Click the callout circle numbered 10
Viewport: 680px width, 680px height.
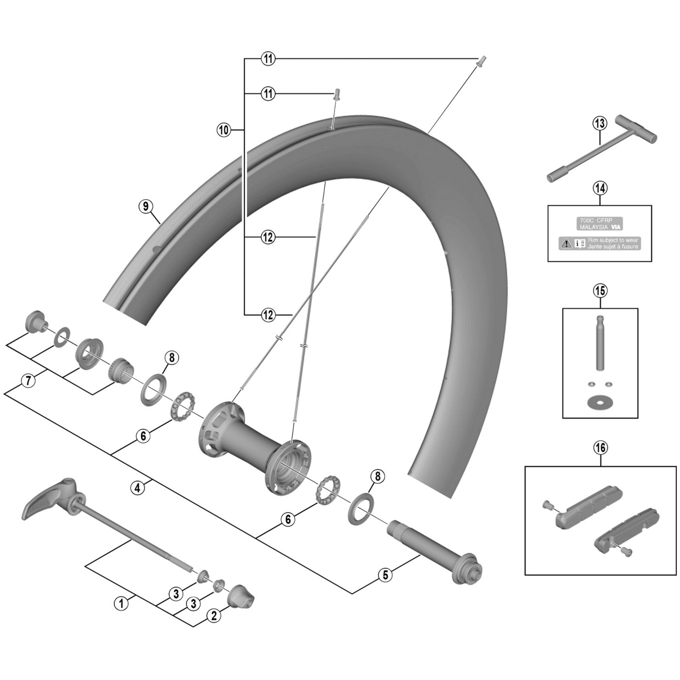[x=224, y=130]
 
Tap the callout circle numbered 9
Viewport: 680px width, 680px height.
[x=146, y=206]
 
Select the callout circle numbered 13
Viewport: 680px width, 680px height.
[x=600, y=123]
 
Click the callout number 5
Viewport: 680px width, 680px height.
[x=386, y=575]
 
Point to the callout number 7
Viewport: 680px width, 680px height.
[x=29, y=380]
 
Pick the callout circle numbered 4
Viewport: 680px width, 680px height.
[x=137, y=488]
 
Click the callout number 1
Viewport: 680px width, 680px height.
[x=121, y=603]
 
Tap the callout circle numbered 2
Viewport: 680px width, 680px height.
[x=214, y=616]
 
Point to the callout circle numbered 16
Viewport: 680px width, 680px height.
[x=600, y=448]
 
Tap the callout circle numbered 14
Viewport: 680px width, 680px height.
[x=600, y=188]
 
